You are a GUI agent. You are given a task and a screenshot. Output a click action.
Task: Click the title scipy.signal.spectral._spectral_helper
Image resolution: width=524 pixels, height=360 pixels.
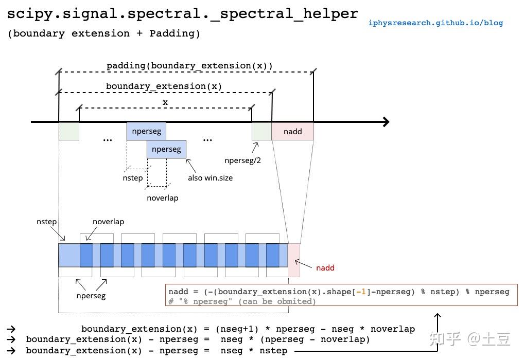[183, 14]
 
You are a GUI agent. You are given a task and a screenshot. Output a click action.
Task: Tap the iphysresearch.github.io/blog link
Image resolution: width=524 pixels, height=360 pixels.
[435, 23]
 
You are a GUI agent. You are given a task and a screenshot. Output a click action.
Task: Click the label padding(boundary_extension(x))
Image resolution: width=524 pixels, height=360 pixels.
[189, 66]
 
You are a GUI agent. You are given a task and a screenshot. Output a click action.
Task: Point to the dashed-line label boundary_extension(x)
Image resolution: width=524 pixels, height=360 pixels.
[164, 86]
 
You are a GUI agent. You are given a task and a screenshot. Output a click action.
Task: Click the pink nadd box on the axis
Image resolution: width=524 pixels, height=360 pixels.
[292, 132]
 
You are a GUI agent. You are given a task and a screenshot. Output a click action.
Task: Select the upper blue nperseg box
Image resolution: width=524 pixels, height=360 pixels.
[146, 131]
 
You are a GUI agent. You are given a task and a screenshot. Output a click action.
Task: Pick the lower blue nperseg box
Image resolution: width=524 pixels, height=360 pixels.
[166, 150]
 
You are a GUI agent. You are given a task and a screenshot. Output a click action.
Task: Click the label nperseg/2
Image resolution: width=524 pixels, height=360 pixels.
[242, 160]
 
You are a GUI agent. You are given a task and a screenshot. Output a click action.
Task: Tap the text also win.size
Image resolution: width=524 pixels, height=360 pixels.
[210, 178]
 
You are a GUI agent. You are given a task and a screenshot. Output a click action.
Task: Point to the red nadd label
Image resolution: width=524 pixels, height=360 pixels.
[325, 268]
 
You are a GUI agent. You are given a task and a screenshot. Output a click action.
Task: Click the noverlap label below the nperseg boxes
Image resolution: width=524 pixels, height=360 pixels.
[162, 198]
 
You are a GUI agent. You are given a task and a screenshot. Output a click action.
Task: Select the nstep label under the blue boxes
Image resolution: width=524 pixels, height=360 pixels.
[133, 178]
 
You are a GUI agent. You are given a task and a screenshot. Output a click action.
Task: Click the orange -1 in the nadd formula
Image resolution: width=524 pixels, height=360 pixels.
[362, 292]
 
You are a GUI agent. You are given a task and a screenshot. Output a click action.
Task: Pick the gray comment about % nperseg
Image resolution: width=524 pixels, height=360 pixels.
[242, 301]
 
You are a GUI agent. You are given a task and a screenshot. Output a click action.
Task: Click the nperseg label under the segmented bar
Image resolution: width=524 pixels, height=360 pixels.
[91, 296]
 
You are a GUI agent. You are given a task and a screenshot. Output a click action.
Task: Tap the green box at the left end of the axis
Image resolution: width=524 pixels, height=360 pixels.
[69, 132]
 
